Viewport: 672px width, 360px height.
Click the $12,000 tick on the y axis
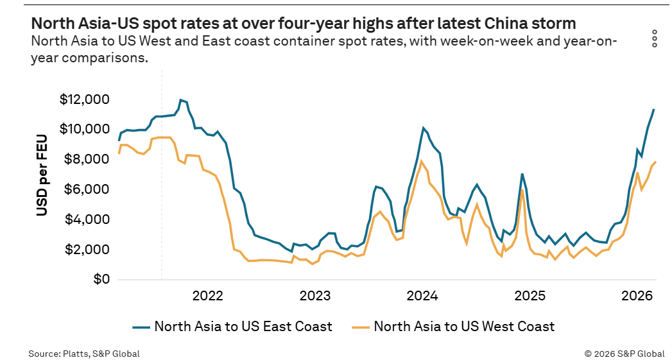85,99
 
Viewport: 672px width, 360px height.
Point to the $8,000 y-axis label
87,159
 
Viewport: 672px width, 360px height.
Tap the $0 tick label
101,279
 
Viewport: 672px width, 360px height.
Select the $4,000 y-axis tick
87,219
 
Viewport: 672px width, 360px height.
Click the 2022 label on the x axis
208,296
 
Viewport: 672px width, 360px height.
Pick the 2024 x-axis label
422,296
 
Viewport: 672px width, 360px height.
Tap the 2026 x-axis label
637,296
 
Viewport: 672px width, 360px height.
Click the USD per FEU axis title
42,175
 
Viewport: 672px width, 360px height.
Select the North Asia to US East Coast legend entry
232,327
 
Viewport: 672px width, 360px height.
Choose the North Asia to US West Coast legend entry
453,327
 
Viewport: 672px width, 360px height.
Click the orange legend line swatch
361,327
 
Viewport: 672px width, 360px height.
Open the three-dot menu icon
655,39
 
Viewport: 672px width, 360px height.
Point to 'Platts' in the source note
73,354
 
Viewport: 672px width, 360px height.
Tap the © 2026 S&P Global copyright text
625,354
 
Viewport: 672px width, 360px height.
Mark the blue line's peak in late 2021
181,100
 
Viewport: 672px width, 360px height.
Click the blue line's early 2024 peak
424,128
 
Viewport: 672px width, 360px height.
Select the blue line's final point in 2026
654,109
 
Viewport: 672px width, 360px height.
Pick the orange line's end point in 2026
656,162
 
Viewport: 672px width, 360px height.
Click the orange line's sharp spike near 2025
522,190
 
